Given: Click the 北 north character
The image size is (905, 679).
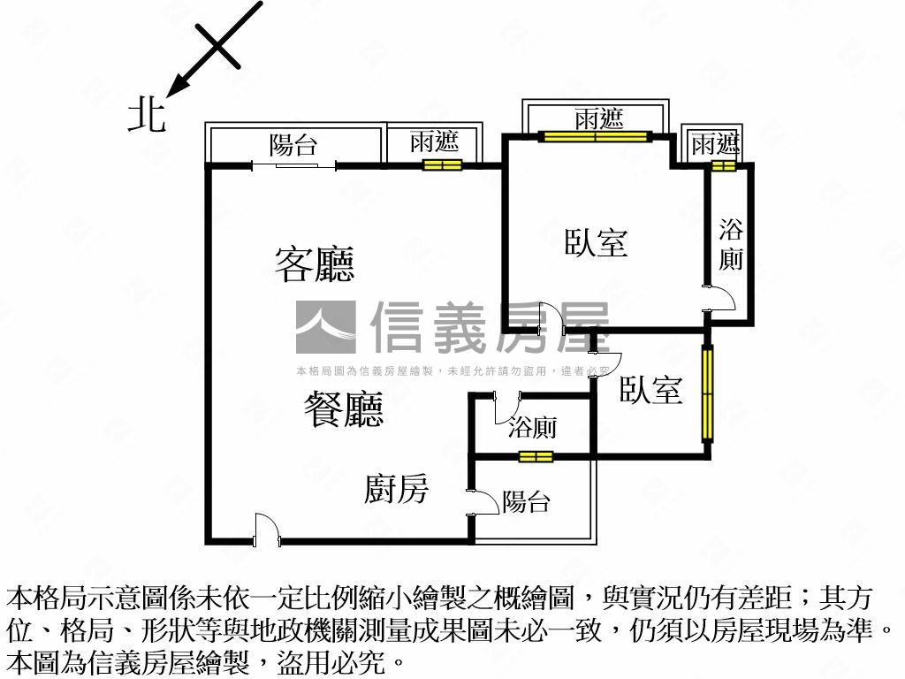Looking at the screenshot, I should click(147, 116).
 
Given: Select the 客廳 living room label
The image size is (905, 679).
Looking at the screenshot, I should click(315, 263).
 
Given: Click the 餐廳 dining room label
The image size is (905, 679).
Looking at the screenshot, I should click(344, 410).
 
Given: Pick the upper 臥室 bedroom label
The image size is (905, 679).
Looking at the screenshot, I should click(597, 242).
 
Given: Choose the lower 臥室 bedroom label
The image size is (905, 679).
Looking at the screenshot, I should click(650, 390).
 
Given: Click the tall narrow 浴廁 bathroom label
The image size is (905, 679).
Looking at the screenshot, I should click(731, 245).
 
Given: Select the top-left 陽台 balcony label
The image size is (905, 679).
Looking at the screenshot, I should click(293, 145).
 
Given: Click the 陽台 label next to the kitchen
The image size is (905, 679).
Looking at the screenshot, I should click(527, 502).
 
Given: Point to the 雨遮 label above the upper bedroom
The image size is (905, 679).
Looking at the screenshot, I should click(598, 118).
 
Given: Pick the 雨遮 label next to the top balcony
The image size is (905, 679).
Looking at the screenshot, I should click(434, 143).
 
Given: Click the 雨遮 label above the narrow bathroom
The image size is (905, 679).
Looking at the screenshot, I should click(715, 143).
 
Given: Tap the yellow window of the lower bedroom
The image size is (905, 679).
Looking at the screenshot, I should click(707, 393).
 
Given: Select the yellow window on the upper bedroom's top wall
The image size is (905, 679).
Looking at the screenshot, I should click(596, 136).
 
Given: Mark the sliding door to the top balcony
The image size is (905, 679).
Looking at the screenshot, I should click(293, 164).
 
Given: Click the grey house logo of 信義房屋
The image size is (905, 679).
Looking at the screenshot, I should click(325, 327).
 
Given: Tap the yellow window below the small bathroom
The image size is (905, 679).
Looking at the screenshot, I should click(536, 456).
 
